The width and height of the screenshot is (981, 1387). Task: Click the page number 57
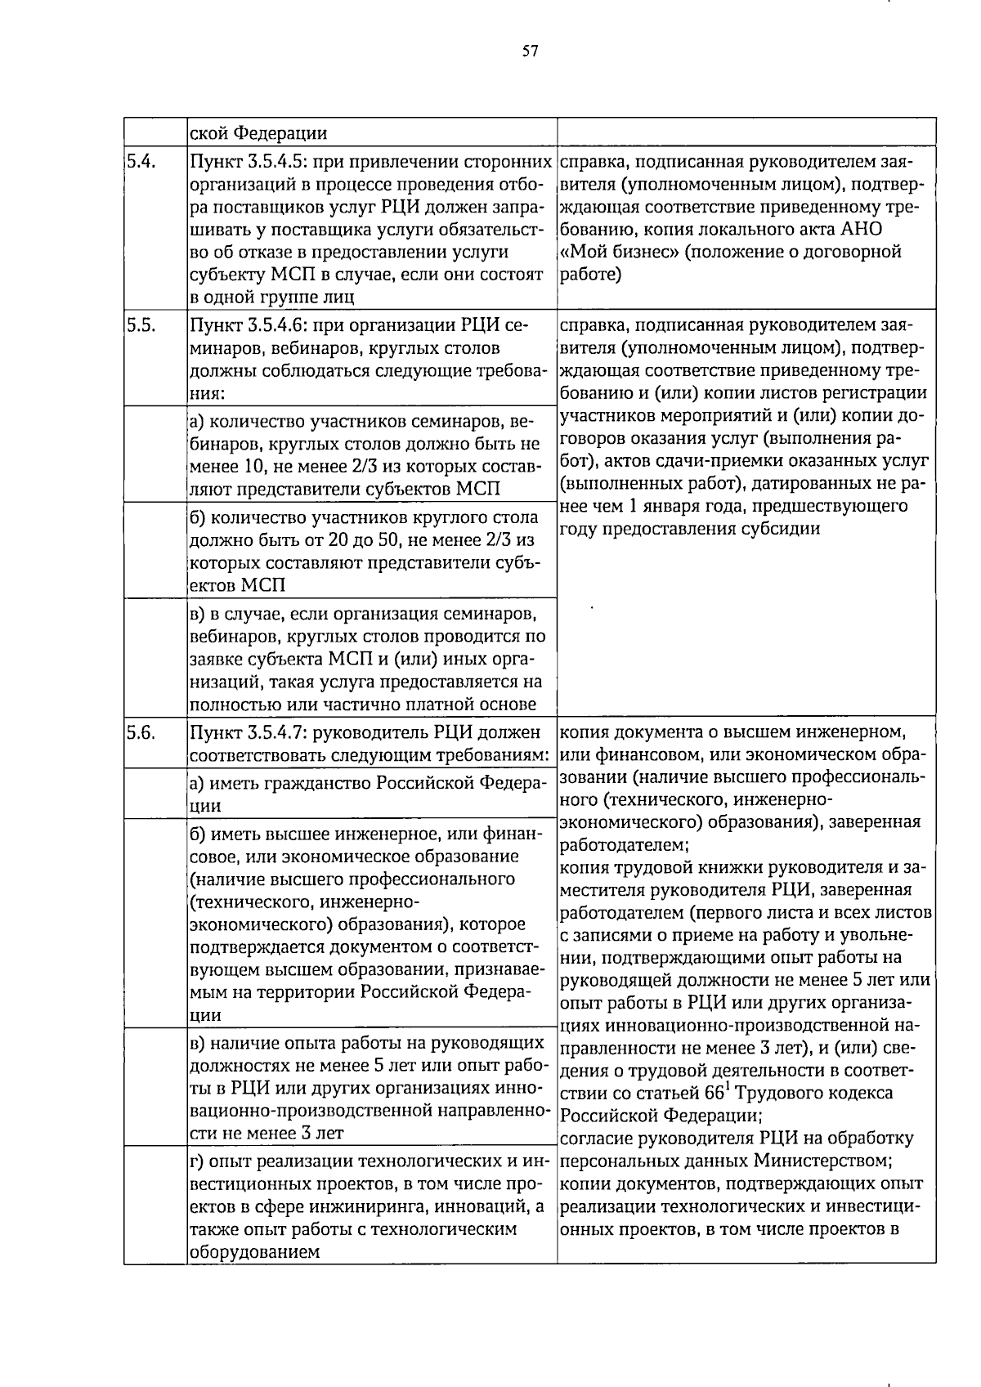click(x=530, y=51)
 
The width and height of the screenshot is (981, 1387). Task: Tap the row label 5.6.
click(x=141, y=732)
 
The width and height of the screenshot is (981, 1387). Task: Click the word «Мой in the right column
click(x=583, y=252)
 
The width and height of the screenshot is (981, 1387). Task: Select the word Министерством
click(x=821, y=1161)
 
